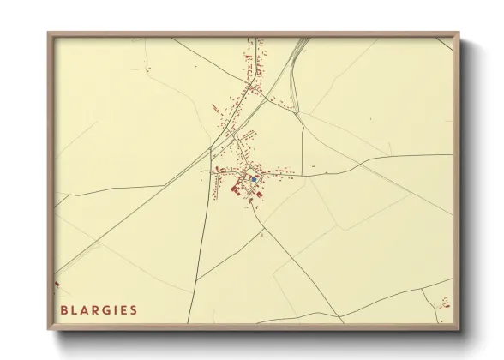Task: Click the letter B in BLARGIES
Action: tap(64, 309)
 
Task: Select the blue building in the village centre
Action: tap(255, 179)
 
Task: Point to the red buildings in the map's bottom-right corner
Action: tap(444, 302)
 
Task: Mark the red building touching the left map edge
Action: tap(57, 283)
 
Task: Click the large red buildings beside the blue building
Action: tap(237, 188)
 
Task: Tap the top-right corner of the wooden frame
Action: tap(459, 33)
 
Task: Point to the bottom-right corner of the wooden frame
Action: tap(459, 330)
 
